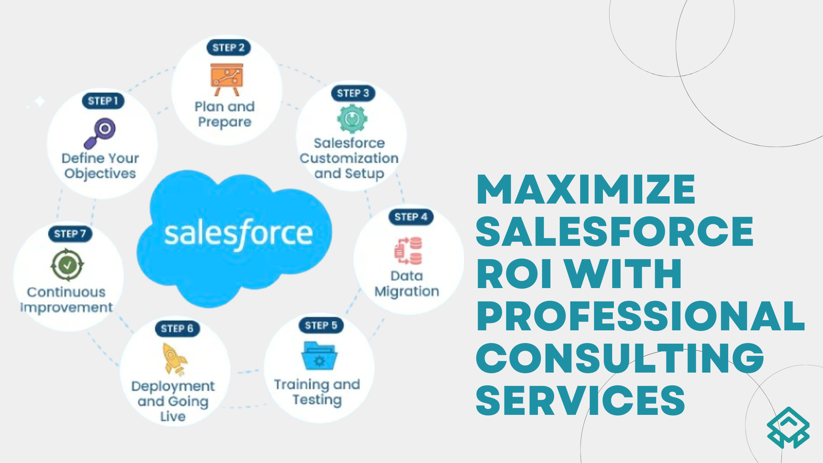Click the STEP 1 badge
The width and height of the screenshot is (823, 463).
[x=103, y=101]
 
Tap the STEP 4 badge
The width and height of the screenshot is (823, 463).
[x=411, y=217]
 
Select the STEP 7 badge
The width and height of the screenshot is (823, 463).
[x=70, y=234]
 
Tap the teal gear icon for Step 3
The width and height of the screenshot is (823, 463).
[x=352, y=119]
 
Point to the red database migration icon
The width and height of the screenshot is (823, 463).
[x=408, y=251]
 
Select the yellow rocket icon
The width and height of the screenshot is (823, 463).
[x=173, y=359]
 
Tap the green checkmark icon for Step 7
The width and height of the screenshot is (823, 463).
[x=67, y=265]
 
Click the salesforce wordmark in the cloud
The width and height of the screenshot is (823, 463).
[x=238, y=234]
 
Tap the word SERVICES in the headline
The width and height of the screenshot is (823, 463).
[x=581, y=401]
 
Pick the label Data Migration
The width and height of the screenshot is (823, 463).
[x=407, y=284]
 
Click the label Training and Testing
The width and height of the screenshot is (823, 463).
[x=317, y=392]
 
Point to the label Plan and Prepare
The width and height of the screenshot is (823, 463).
[x=224, y=114]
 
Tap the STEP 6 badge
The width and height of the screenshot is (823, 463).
[x=177, y=329]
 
